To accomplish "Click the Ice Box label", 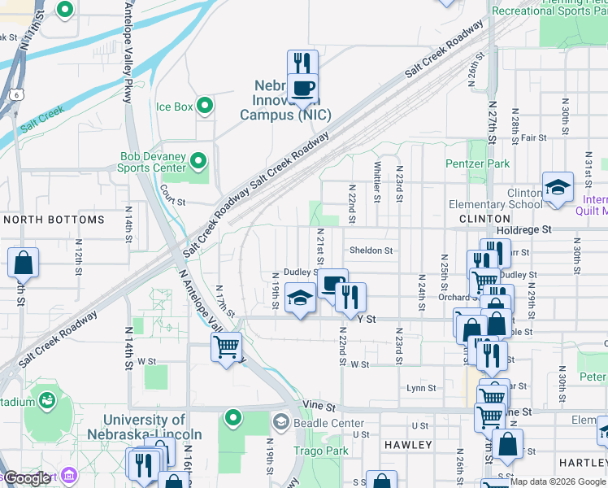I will [174, 107].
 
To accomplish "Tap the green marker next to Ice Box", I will [205, 106].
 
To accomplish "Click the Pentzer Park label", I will [477, 163].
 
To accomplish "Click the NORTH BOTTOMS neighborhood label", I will [54, 220].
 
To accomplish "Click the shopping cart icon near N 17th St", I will [226, 347].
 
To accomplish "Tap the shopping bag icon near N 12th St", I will [24, 263].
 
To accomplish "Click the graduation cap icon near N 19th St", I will [300, 298].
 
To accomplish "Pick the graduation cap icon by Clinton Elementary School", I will [558, 188].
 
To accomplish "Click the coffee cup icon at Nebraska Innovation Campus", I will [302, 88].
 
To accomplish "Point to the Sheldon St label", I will [371, 251].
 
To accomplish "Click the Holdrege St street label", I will [523, 230].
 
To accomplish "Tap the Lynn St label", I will [422, 388].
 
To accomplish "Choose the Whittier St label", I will [377, 181].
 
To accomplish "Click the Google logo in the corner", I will [28, 479].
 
